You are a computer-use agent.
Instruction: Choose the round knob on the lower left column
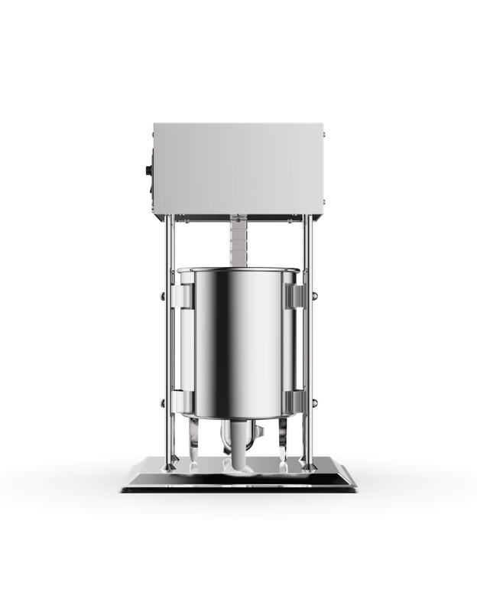pyautogui.click(x=159, y=402)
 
